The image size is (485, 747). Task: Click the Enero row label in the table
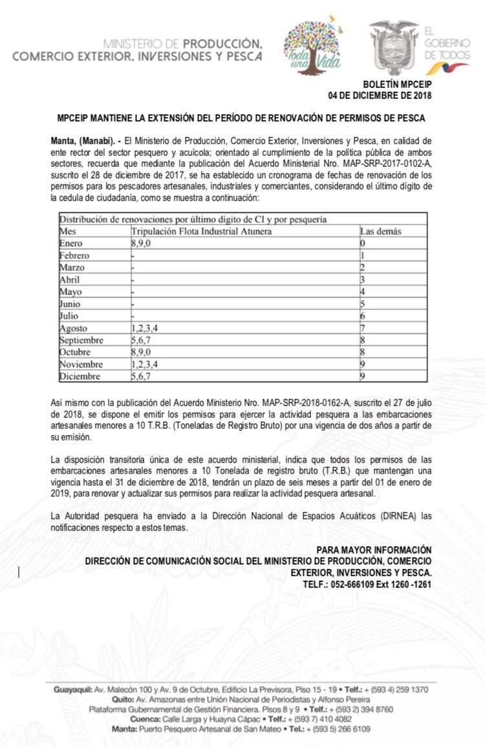tap(70, 243)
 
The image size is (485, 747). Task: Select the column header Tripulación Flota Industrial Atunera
tap(201, 231)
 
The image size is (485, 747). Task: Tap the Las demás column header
tap(380, 231)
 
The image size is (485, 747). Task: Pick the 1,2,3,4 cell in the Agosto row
tap(149, 328)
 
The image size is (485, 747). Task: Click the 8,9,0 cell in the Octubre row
tap(144, 352)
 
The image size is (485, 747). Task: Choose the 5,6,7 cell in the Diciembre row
tap(144, 376)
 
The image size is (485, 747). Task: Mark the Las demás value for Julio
tap(363, 316)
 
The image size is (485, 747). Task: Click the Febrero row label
tap(74, 255)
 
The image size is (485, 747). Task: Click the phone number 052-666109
tap(360, 584)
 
